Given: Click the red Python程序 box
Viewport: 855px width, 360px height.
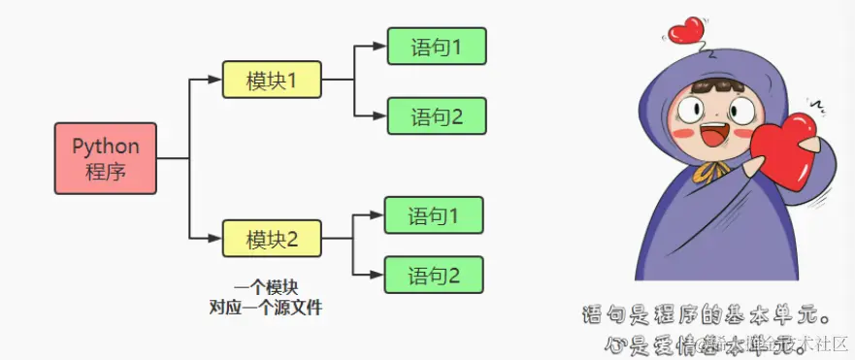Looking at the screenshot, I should click(106, 157).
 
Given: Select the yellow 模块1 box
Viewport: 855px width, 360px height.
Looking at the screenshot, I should click(271, 81).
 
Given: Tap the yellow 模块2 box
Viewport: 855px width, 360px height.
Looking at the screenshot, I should click(271, 238).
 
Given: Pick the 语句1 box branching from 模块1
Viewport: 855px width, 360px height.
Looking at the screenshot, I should click(436, 46).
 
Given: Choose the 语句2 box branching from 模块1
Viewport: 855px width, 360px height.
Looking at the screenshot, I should click(436, 116).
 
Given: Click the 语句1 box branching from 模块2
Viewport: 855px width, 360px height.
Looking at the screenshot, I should click(433, 214).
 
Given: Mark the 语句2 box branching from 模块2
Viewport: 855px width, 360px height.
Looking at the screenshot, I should click(433, 275).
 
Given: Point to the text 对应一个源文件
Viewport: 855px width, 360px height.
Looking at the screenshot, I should click(265, 308).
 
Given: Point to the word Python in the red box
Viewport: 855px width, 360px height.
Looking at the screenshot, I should click(106, 147).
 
